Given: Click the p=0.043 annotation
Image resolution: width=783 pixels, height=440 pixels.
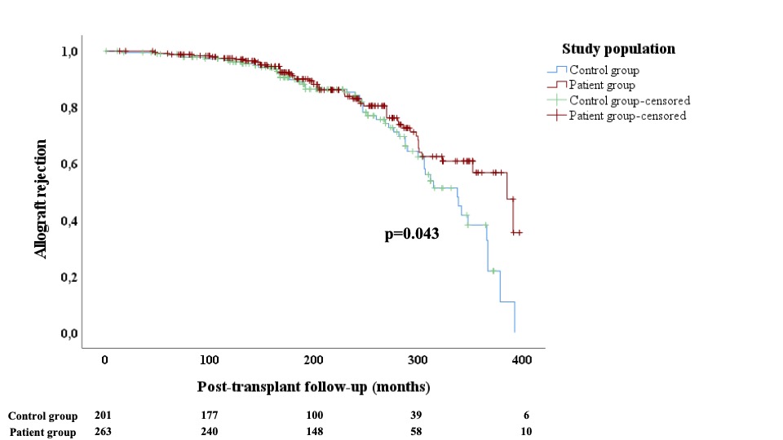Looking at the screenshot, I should [412, 235].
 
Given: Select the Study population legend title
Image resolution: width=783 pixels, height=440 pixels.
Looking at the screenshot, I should [618, 49].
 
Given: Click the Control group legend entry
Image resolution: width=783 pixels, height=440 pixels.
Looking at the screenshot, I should [604, 70].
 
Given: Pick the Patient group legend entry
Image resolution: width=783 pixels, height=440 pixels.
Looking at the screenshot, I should [602, 85].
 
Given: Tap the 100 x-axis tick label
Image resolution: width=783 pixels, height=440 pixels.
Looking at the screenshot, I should [210, 360].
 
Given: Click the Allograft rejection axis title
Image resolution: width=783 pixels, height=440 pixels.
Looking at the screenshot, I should [41, 199].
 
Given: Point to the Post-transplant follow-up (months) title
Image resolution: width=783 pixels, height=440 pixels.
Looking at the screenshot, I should [313, 386].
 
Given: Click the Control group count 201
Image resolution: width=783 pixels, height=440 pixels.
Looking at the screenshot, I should [104, 416].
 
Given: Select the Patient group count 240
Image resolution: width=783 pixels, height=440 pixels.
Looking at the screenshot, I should [210, 432].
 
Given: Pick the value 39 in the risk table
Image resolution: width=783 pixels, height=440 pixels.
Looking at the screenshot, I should [417, 416].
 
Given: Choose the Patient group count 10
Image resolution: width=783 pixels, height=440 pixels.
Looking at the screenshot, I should [527, 432].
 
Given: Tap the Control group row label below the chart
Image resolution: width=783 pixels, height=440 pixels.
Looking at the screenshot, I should [42, 416].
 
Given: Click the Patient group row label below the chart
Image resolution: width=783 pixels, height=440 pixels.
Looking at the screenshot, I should [43, 433].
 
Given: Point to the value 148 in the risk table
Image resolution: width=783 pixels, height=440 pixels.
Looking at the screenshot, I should [313, 432].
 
